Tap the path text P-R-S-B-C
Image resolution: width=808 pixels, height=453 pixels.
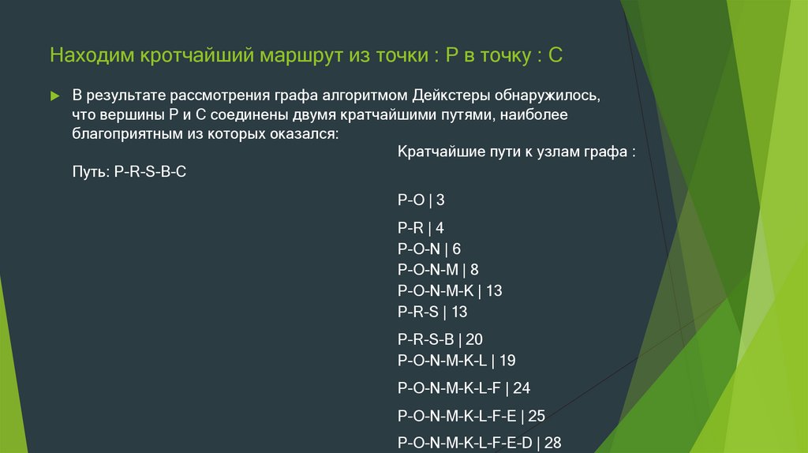coord(151,170)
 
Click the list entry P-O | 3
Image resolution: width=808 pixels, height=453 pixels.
coord(421,200)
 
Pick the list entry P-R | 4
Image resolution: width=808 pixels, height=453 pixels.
coord(421,228)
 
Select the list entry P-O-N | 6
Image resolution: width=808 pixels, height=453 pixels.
coord(429,249)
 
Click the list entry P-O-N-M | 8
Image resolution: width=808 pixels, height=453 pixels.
coord(438,270)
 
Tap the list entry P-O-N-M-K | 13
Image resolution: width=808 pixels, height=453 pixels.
coord(450,290)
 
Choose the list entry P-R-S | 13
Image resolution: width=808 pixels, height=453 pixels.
coord(432,312)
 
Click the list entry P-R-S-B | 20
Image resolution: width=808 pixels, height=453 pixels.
coord(440,339)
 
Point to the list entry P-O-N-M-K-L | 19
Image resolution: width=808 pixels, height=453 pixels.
coord(456,361)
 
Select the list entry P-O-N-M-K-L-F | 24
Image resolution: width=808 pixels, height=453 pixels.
coord(464,387)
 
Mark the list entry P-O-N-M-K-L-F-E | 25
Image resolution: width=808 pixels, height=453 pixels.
coord(471,415)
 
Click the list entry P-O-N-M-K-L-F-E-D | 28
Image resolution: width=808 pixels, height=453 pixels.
coord(479,443)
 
